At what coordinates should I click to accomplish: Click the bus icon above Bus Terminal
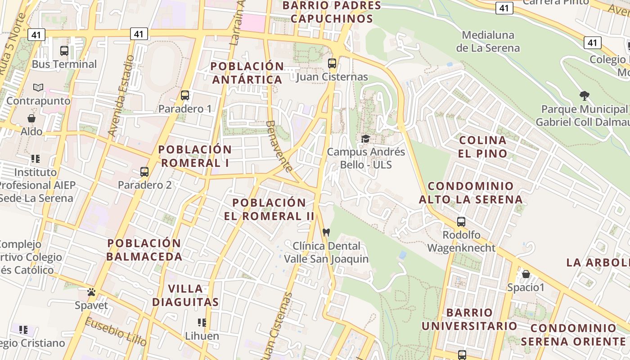(64, 51)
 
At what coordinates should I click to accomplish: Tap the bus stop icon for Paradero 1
(185, 95)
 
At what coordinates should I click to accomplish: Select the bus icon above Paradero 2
(144, 172)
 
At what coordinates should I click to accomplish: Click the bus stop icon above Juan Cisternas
(332, 63)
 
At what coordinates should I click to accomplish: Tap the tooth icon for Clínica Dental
(327, 233)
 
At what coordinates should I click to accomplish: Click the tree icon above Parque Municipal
(585, 95)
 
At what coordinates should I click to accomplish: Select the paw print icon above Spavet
(91, 292)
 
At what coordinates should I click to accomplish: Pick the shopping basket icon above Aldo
(31, 118)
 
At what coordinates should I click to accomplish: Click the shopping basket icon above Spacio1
(526, 274)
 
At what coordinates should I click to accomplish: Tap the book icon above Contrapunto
(38, 87)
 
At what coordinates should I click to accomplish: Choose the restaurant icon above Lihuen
(202, 323)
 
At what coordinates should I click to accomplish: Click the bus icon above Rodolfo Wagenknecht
(461, 221)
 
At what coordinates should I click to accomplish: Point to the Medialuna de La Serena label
(488, 41)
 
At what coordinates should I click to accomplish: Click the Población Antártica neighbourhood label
(247, 73)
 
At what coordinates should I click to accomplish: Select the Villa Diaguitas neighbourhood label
(185, 295)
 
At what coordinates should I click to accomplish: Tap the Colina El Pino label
(482, 147)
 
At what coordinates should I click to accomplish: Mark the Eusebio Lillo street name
(116, 332)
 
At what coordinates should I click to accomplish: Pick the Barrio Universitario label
(469, 319)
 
